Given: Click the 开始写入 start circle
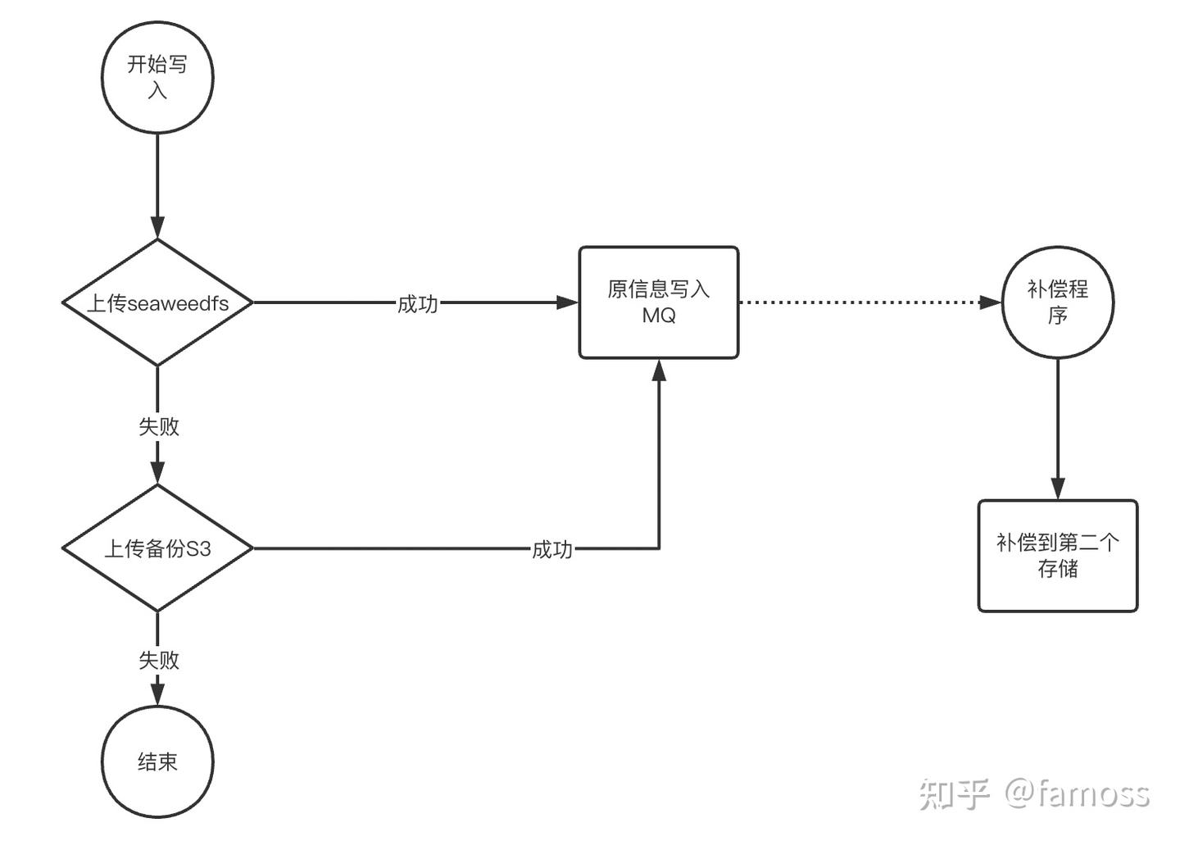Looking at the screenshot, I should click(x=157, y=77).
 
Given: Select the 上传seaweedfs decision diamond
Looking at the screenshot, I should click(x=157, y=302).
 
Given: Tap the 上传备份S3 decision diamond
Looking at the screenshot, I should click(x=157, y=548).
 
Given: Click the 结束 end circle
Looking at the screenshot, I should click(x=157, y=761).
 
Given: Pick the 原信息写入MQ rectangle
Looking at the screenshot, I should click(x=658, y=302).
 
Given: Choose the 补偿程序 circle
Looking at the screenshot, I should click(x=1057, y=302).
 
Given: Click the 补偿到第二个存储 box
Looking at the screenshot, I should click(x=1057, y=556).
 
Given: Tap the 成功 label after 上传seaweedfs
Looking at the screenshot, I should click(x=417, y=304).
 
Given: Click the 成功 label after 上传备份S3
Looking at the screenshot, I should click(x=551, y=549).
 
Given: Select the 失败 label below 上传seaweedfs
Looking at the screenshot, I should click(x=158, y=426).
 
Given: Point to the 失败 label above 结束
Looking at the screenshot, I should click(x=158, y=660).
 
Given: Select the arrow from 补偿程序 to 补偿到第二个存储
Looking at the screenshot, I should click(x=1057, y=426).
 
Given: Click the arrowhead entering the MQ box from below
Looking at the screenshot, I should click(x=659, y=370).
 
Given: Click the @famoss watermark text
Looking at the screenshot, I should click(x=1077, y=793).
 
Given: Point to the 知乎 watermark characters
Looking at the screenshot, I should click(x=954, y=793).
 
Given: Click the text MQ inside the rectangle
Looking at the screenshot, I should click(x=658, y=316).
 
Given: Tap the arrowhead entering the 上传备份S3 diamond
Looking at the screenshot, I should click(x=157, y=473).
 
